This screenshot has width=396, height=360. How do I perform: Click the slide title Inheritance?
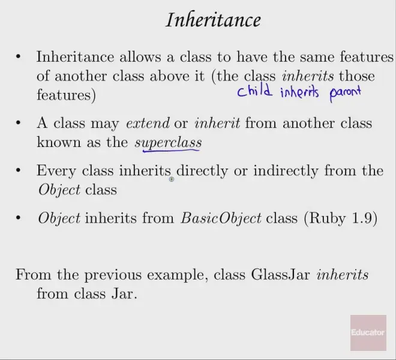click(214, 20)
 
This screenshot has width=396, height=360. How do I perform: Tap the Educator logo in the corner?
click(368, 333)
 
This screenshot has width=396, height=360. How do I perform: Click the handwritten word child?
click(254, 91)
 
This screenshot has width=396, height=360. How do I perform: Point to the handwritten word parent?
click(345, 93)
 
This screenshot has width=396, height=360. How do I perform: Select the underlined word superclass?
click(168, 143)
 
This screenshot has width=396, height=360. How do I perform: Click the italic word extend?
click(148, 123)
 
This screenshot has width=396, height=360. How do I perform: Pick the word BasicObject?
click(221, 218)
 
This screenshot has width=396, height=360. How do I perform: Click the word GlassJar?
click(280, 275)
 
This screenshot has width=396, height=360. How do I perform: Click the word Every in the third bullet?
click(56, 171)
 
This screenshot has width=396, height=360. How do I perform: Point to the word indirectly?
click(286, 170)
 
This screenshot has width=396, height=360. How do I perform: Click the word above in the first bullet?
click(169, 76)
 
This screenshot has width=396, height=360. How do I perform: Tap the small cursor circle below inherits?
click(172, 179)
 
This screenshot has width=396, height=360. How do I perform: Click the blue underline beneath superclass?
click(171, 151)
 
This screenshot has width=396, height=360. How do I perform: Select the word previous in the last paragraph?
click(113, 275)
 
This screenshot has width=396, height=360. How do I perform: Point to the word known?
click(59, 142)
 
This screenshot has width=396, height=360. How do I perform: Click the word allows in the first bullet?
click(140, 57)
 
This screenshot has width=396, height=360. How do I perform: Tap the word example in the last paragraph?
click(175, 275)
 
